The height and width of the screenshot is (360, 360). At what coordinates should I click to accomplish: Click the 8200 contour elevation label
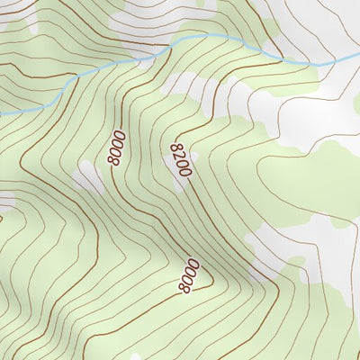[180, 159]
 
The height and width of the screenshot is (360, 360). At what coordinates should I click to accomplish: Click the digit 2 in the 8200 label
[178, 156]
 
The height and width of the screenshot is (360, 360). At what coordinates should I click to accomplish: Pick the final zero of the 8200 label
[186, 172]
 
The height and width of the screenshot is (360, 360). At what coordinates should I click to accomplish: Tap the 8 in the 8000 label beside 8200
[112, 162]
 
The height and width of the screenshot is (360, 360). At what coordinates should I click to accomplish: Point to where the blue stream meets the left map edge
[2, 112]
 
